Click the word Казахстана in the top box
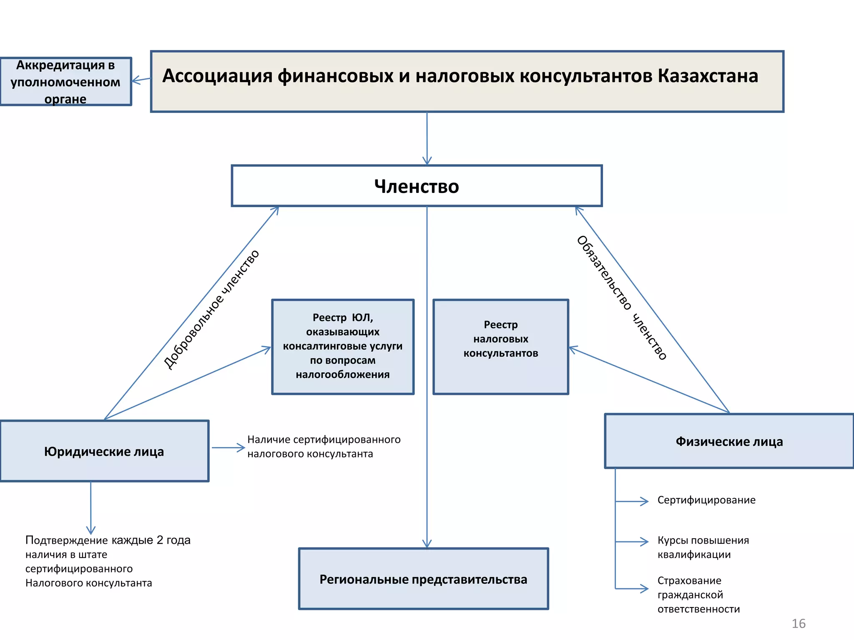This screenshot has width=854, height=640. coord(708,76)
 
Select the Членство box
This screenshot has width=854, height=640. coord(417,186)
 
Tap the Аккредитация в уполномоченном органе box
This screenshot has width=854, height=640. coord(65,82)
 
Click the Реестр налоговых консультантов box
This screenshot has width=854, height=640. coord(500,346)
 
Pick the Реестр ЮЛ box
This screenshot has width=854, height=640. coord(342,346)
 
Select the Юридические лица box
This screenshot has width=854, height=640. coord(104,451)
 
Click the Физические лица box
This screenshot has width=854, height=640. coord(729,441)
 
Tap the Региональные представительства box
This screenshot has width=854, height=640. coord(423,579)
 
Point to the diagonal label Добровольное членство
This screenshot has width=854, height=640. coord(211,309)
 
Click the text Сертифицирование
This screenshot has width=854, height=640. coord(706,500)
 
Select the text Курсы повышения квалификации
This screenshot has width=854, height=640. coord(703,547)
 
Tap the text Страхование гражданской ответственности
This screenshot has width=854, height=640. coord(698,595)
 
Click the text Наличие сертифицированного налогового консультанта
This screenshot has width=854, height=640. coord(324,446)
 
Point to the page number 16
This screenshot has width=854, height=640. coord(798,623)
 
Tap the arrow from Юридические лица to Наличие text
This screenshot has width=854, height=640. coord(228,448)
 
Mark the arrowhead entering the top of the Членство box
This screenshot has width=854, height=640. coord(427,162)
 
